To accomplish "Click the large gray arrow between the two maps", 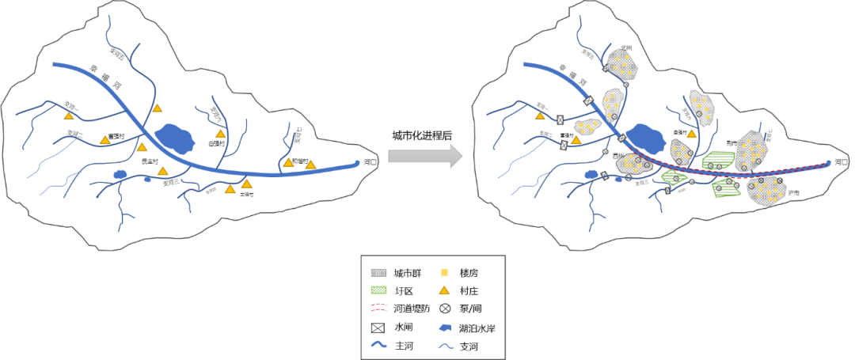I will pos(424,156).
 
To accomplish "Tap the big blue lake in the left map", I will pos(175,138).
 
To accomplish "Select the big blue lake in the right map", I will pos(647,138).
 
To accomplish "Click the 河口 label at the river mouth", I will pos(841,161).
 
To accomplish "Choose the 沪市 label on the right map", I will pos(793,192).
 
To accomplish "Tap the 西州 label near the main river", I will pos(618,156).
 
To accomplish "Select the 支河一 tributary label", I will pos(543,106).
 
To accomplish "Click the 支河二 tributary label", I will pos(545,133).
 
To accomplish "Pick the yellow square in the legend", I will pos(444,273).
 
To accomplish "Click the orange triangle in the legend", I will pos(444,290).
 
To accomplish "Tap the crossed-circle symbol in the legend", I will pos(444,309).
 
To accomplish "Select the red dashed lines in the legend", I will pos(378,309).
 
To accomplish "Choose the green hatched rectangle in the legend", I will pos(378,290).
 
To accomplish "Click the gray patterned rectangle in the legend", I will pos(378,273).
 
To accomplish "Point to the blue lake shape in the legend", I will pos(444,327).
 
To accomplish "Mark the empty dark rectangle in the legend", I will pos(378,327).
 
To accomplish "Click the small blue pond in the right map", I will pos(591,174).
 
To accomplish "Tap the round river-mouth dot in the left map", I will pos(357,164).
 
